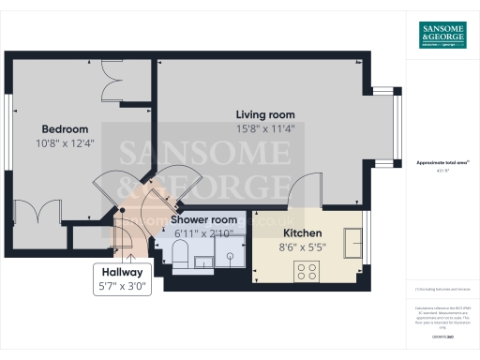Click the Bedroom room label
[65, 129]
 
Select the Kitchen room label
[303, 233]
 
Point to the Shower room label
[203, 219]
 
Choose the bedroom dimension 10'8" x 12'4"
[65, 143]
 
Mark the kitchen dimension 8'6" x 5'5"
[303, 248]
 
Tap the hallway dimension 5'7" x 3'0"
[122, 287]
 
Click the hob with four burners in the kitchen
[307, 271]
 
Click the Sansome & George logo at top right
[442, 35]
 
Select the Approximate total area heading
[442, 162]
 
